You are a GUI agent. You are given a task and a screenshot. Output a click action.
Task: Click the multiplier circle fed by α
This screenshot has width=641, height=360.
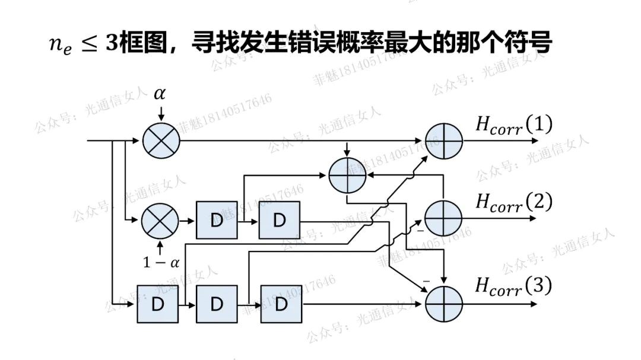pyautogui.click(x=160, y=141)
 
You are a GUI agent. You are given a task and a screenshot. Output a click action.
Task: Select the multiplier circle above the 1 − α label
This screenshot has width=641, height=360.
pyautogui.click(x=160, y=221)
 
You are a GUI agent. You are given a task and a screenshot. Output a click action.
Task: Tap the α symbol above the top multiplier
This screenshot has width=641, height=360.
pyautogui.click(x=160, y=94)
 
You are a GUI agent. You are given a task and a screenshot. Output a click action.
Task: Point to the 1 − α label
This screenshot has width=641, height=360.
pyautogui.click(x=161, y=262)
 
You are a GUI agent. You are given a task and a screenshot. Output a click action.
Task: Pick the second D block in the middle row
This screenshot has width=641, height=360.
pyautogui.click(x=279, y=220)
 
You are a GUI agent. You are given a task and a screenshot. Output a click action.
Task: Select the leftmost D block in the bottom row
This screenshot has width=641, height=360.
pyautogui.click(x=157, y=304)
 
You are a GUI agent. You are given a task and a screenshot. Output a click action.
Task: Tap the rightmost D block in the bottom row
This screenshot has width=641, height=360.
pyautogui.click(x=281, y=304)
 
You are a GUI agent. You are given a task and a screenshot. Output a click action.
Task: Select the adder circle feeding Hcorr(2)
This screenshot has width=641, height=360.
pyautogui.click(x=444, y=217)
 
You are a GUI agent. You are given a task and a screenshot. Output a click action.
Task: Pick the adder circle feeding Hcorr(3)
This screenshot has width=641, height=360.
pyautogui.click(x=444, y=304)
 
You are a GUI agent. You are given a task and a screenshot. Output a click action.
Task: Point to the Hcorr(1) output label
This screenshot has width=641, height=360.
pyautogui.click(x=513, y=125)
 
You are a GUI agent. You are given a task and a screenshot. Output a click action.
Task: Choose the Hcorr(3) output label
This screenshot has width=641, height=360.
pyautogui.click(x=513, y=287)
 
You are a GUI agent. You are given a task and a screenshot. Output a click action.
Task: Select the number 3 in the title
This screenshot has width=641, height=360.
pyautogui.click(x=112, y=43)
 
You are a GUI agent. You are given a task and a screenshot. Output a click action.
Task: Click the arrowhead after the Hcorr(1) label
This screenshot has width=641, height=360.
pyautogui.click(x=535, y=141)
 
